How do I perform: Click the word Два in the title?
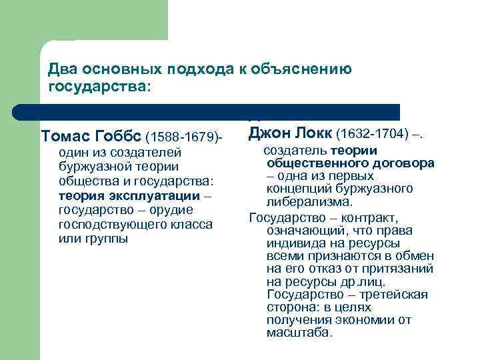pyautogui.click(x=63, y=69)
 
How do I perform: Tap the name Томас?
pyautogui.click(x=65, y=137)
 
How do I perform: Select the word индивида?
pyautogui.click(x=294, y=243)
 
